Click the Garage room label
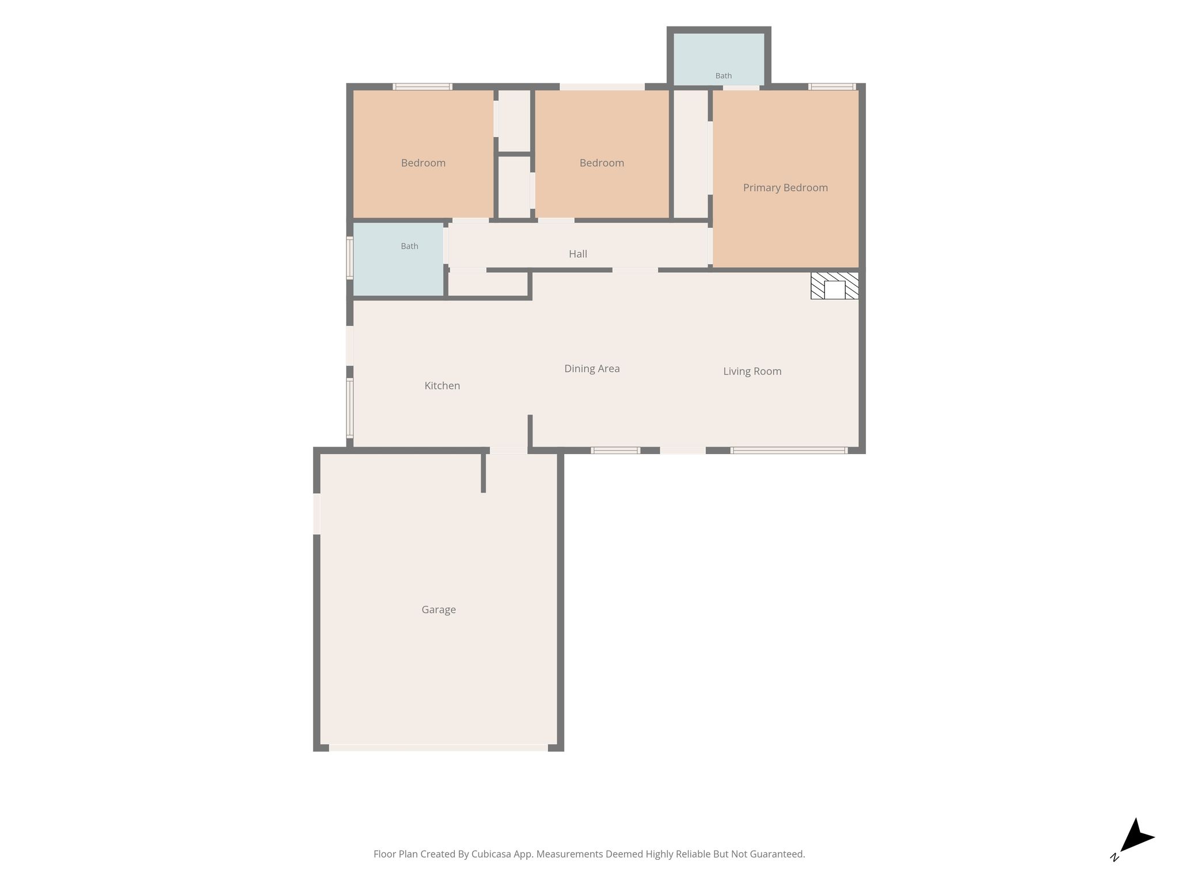(x=439, y=610)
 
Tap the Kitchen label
(x=442, y=386)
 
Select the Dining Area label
(x=592, y=369)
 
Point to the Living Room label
(x=752, y=371)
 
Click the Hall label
(x=578, y=254)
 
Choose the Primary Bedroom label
(x=785, y=188)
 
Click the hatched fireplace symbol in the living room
(x=835, y=285)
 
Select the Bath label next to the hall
(x=409, y=246)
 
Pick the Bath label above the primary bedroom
(x=724, y=76)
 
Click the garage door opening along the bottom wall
(x=438, y=748)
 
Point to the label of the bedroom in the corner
(x=423, y=163)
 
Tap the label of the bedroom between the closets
(x=602, y=163)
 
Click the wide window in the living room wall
(x=789, y=451)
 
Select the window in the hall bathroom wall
(x=349, y=258)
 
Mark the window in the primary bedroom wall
(x=832, y=87)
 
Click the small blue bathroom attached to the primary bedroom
(x=719, y=59)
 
